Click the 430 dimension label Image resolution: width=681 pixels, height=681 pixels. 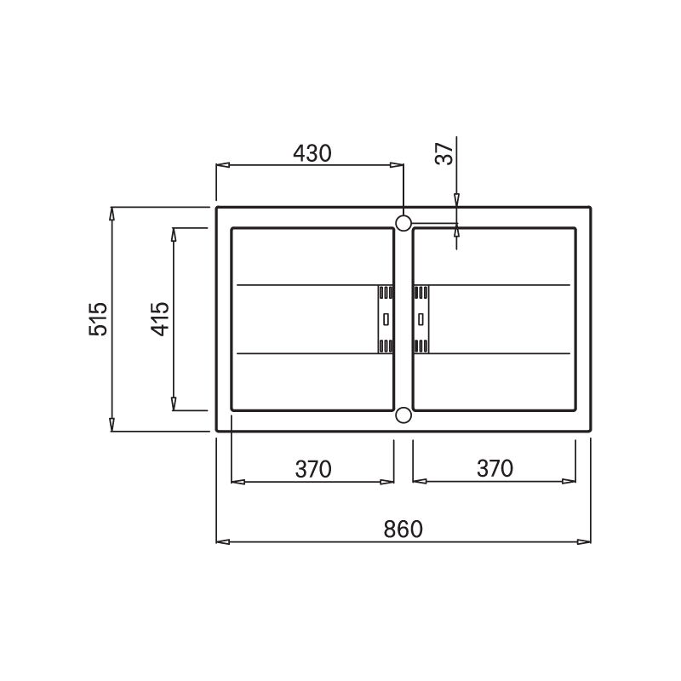312,153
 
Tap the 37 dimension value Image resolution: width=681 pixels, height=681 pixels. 444,154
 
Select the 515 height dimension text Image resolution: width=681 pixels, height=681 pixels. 99,319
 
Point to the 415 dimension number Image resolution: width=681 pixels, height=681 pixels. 160,319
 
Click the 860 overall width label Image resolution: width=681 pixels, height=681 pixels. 403,529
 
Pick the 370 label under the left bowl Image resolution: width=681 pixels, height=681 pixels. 312,469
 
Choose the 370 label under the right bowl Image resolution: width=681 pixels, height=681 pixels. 495,468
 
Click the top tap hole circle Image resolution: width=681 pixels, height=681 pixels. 403,222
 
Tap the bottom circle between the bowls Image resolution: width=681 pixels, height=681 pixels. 403,415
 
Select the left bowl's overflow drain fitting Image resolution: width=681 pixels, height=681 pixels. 386,318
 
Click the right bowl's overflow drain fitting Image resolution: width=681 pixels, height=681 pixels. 421,318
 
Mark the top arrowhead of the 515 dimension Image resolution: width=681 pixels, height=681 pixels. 112,213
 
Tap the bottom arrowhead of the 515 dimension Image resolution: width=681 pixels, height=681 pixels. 112,426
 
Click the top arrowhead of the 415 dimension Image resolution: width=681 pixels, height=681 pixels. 174,233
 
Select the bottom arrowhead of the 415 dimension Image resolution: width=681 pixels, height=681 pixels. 174,405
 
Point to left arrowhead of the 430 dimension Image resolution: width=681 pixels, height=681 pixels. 221,166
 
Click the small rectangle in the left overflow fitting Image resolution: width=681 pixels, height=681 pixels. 386,318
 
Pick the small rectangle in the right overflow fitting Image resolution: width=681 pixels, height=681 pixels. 421,318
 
